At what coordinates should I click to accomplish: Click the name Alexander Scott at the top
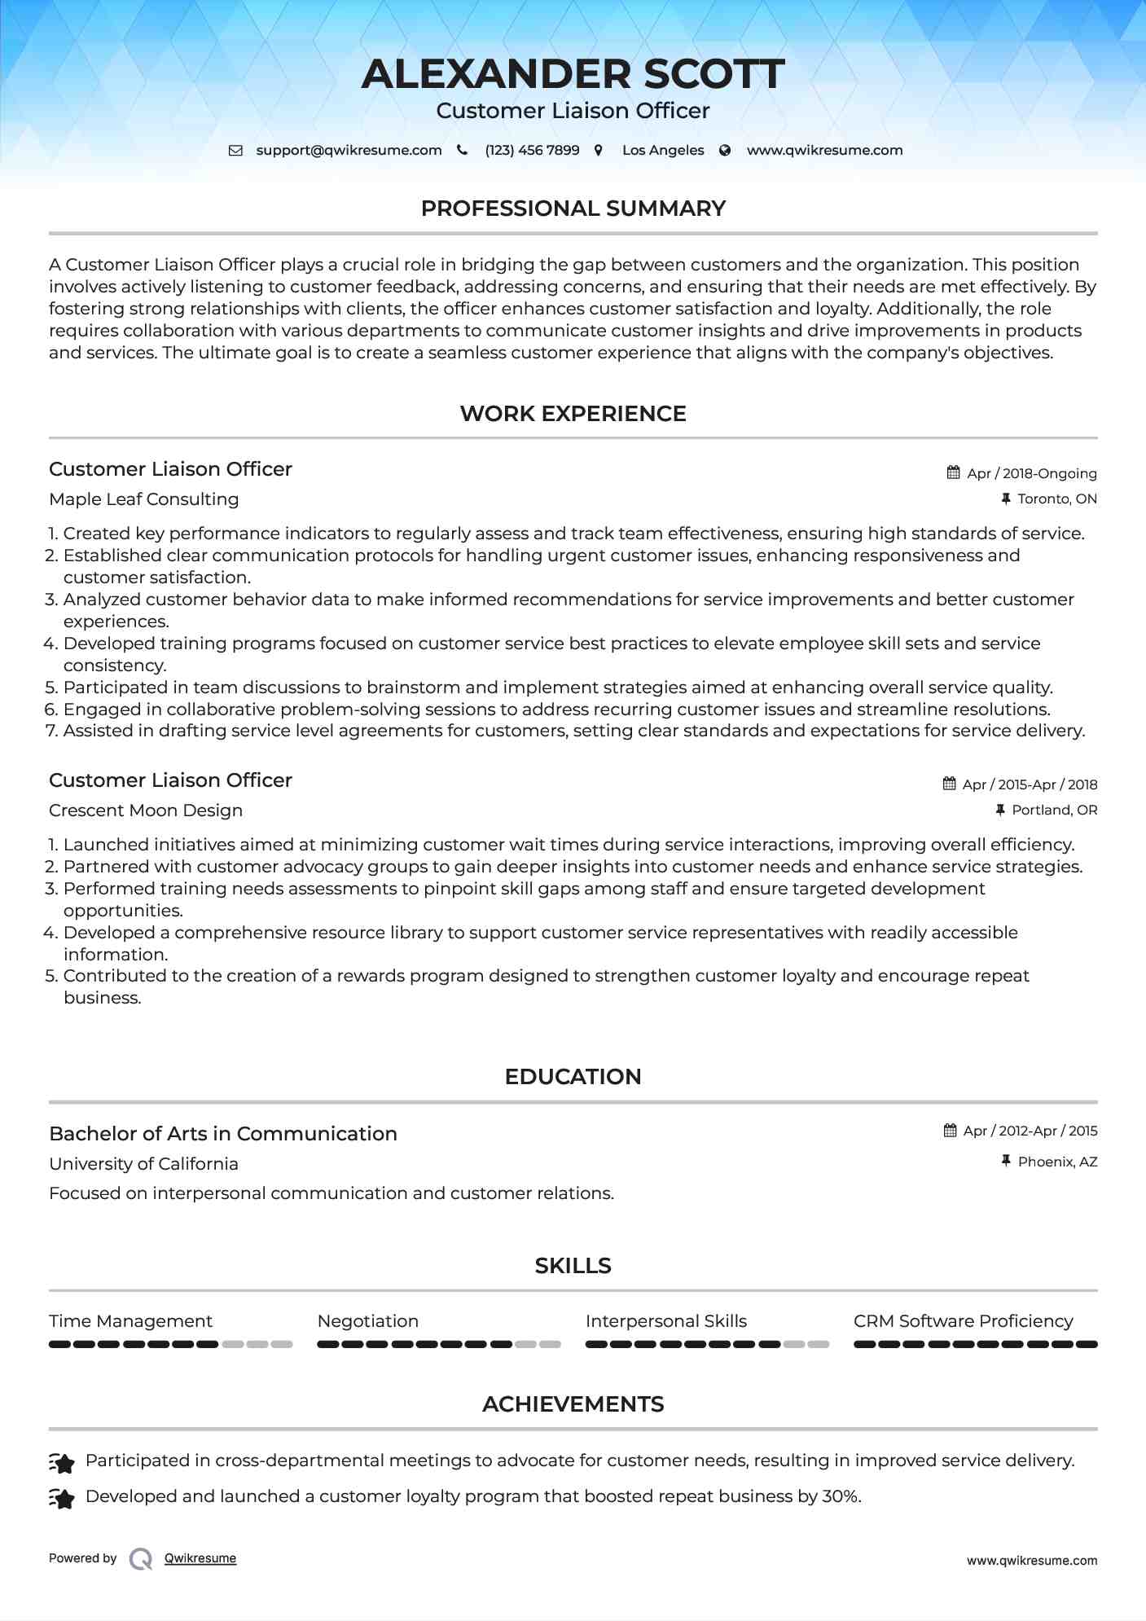click(573, 74)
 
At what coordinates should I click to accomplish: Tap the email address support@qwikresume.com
click(349, 150)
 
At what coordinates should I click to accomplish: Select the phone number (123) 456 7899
click(532, 150)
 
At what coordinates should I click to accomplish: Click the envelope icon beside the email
click(235, 150)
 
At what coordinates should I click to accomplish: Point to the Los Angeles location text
click(663, 150)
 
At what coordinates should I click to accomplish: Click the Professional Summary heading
click(573, 209)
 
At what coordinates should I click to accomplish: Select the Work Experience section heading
click(573, 414)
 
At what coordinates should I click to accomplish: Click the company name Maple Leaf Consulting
click(143, 499)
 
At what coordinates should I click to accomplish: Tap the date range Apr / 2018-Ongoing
click(1031, 473)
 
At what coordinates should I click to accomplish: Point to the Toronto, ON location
click(1056, 499)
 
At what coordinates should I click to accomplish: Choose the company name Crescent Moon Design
click(146, 810)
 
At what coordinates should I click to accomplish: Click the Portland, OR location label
click(1054, 810)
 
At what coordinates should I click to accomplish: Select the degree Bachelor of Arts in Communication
click(223, 1134)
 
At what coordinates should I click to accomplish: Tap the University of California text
click(143, 1164)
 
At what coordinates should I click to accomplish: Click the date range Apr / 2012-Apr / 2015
click(1030, 1131)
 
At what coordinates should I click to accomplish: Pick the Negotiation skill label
click(368, 1321)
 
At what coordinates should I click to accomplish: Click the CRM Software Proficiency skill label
click(963, 1321)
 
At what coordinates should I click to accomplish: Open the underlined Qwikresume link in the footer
click(200, 1558)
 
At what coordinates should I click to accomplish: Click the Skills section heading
click(573, 1266)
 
